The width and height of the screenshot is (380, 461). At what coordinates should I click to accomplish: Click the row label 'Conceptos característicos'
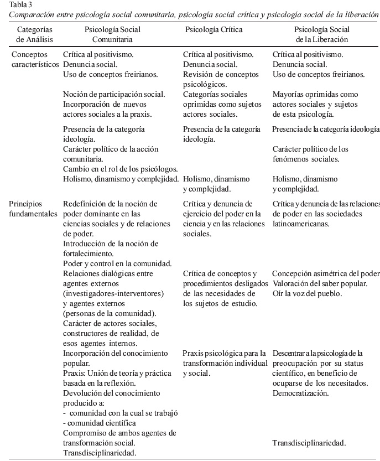click(33, 60)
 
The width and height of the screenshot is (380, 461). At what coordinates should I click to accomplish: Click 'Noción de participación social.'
click(114, 95)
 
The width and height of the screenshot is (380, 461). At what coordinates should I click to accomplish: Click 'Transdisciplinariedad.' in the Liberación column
click(309, 443)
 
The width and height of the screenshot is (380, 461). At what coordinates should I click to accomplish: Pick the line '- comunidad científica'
click(100, 423)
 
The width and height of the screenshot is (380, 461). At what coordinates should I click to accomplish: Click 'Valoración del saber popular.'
click(319, 283)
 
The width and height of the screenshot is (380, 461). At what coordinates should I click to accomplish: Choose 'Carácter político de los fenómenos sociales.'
click(310, 154)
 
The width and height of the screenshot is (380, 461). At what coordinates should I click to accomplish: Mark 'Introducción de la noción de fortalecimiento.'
click(111, 248)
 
